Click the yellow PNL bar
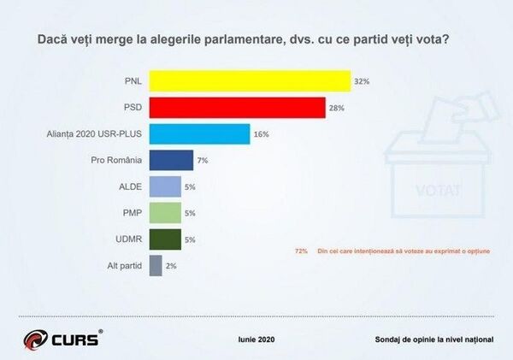[x=250, y=81]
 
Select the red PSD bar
[x=237, y=108]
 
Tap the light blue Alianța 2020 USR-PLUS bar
[x=199, y=134]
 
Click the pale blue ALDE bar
[x=165, y=186]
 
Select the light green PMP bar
[x=165, y=213]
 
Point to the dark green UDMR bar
[x=165, y=239]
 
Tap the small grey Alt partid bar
[x=156, y=266]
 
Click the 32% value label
[x=362, y=81]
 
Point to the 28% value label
[x=336, y=108]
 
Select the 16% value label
[x=261, y=134]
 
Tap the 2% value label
[x=171, y=266]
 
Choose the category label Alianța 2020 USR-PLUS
[x=94, y=134]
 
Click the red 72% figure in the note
[x=301, y=251]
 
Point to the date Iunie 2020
[x=256, y=339]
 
